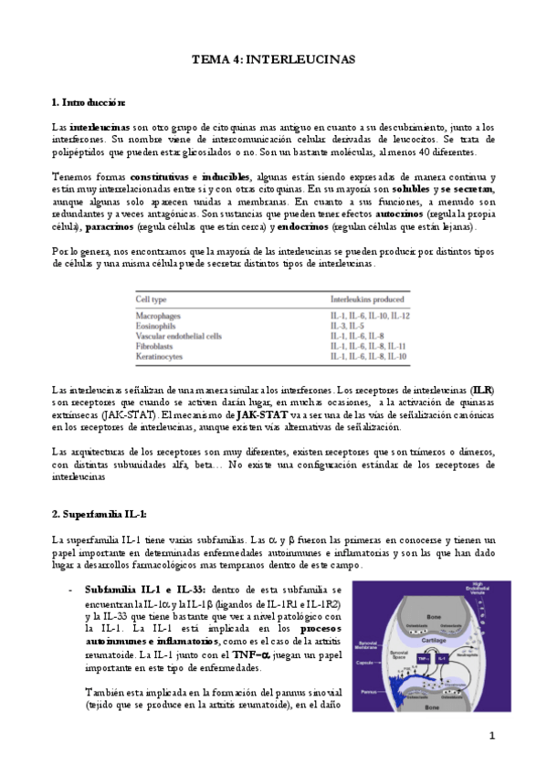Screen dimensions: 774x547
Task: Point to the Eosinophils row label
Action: pos(156,326)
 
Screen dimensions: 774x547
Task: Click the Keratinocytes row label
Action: pos(160,357)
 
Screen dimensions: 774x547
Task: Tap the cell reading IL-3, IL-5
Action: pos(349,326)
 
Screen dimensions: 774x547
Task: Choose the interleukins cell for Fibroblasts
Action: pos(367,347)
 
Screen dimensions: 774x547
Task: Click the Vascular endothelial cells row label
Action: pos(178,336)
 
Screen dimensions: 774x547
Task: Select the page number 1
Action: pos(491,736)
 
